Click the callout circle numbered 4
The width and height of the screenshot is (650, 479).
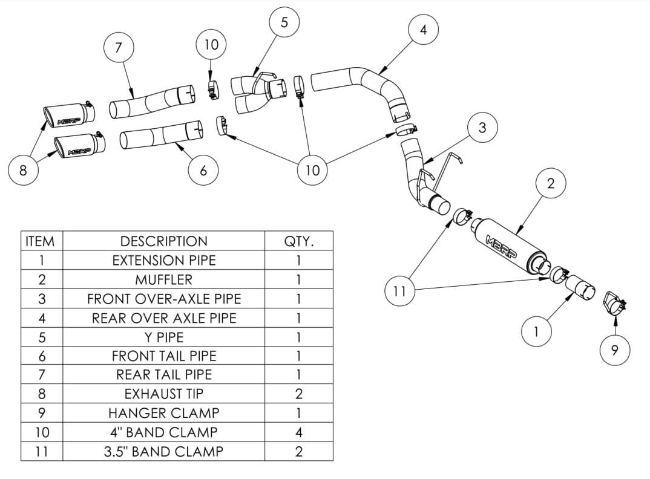pyautogui.click(x=423, y=30)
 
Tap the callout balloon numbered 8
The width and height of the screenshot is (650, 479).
pyautogui.click(x=23, y=169)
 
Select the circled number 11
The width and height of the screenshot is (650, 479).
pyautogui.click(x=399, y=291)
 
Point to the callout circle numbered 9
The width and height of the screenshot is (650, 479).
pyautogui.click(x=615, y=350)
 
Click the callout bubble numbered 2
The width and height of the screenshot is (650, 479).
pyautogui.click(x=551, y=183)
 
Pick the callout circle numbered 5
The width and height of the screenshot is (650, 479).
pyautogui.click(x=284, y=22)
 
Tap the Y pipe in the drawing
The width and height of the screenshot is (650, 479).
pyautogui.click(x=258, y=93)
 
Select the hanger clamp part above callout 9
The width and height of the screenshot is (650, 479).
pyautogui.click(x=614, y=303)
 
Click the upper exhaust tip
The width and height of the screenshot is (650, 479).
pyautogui.click(x=69, y=114)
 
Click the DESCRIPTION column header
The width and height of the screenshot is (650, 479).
pyautogui.click(x=164, y=241)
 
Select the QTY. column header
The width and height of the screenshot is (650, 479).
pyautogui.click(x=299, y=241)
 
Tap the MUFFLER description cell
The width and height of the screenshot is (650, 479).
pyautogui.click(x=164, y=279)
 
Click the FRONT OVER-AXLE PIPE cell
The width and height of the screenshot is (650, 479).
pyautogui.click(x=164, y=298)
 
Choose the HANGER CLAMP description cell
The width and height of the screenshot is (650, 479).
pyautogui.click(x=164, y=412)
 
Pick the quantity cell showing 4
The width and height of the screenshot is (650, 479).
pyautogui.click(x=299, y=432)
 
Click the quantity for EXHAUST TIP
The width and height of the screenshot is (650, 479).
pyautogui.click(x=299, y=394)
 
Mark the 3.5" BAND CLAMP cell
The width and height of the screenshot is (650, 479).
pyautogui.click(x=164, y=451)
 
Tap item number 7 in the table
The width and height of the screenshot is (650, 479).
pyautogui.click(x=42, y=374)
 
